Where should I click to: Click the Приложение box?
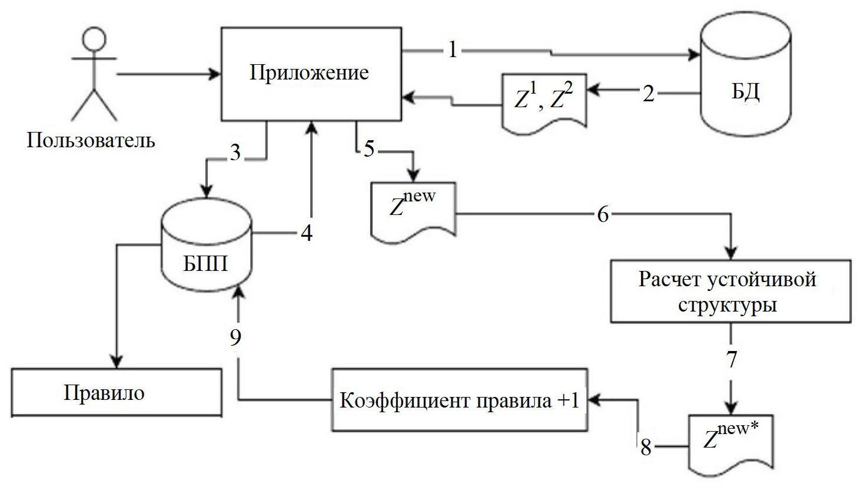pos(311,73)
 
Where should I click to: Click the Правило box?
pos(116,392)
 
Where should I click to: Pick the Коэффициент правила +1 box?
pos(459,400)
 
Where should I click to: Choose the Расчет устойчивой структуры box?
pos(730,292)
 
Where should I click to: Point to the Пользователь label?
pos(91,140)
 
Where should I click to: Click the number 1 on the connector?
pos(452,50)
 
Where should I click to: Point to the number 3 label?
pos(235,153)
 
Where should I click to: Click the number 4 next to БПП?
pos(306,233)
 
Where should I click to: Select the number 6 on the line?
pos(603,215)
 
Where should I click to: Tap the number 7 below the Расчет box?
pos(732,359)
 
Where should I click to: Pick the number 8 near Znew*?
pos(646,448)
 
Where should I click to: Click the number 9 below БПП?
pos(235,337)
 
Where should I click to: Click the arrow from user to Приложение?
pos(168,75)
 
